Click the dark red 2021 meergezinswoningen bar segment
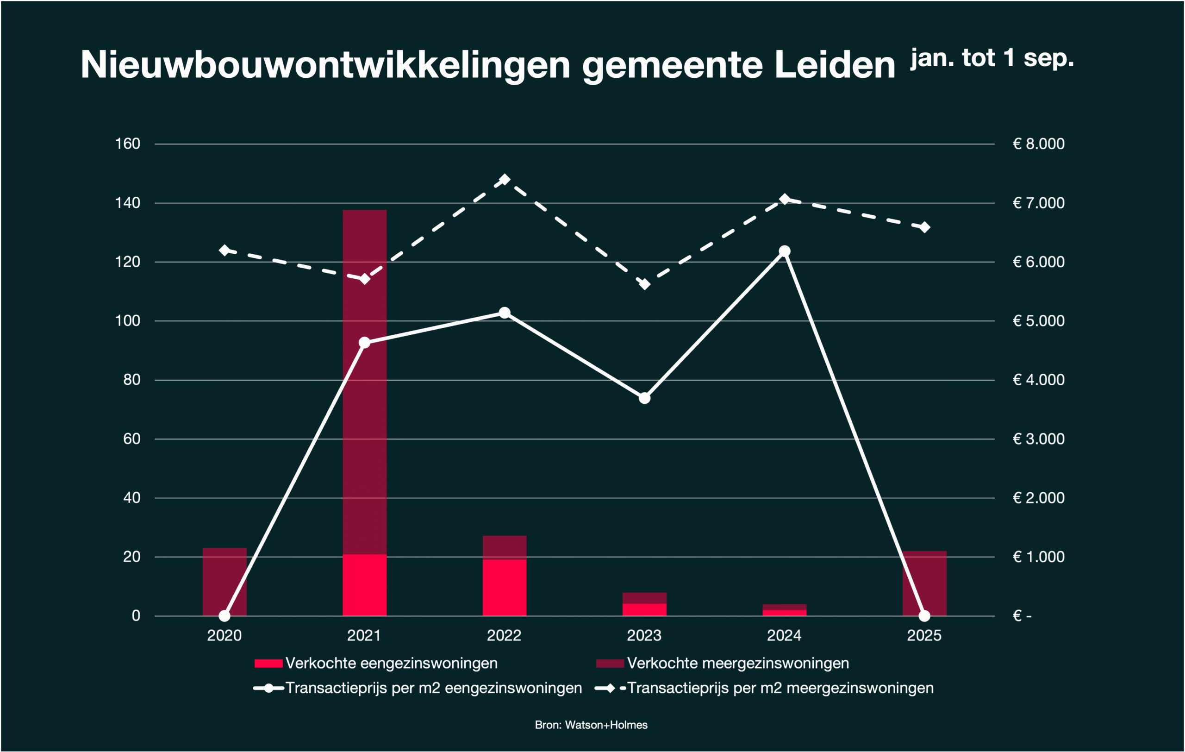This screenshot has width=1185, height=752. click(x=365, y=418)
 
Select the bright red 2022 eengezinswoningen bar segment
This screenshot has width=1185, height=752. click(x=505, y=588)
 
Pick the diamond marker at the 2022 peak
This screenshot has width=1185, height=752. click(x=505, y=179)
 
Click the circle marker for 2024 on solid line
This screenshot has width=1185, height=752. click(x=785, y=251)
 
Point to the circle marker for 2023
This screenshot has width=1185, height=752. click(x=645, y=398)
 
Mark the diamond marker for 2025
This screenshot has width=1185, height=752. click(x=925, y=227)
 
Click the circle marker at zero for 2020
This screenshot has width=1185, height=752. click(x=225, y=616)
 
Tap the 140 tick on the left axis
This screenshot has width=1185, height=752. click(x=127, y=203)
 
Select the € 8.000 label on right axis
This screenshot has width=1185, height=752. click(x=1038, y=144)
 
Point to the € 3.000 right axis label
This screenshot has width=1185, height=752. click(x=1038, y=439)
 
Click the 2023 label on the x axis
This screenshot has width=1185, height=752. click(x=644, y=636)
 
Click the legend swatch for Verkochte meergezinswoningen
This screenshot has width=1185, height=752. click(x=610, y=664)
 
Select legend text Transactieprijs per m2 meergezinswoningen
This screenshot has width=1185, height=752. click(x=780, y=688)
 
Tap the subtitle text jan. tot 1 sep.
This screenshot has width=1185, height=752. click(x=992, y=58)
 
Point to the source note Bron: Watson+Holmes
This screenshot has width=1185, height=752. click(x=591, y=725)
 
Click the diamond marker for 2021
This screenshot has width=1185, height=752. click(x=365, y=280)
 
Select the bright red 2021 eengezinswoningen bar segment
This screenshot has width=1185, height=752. click(x=365, y=585)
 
